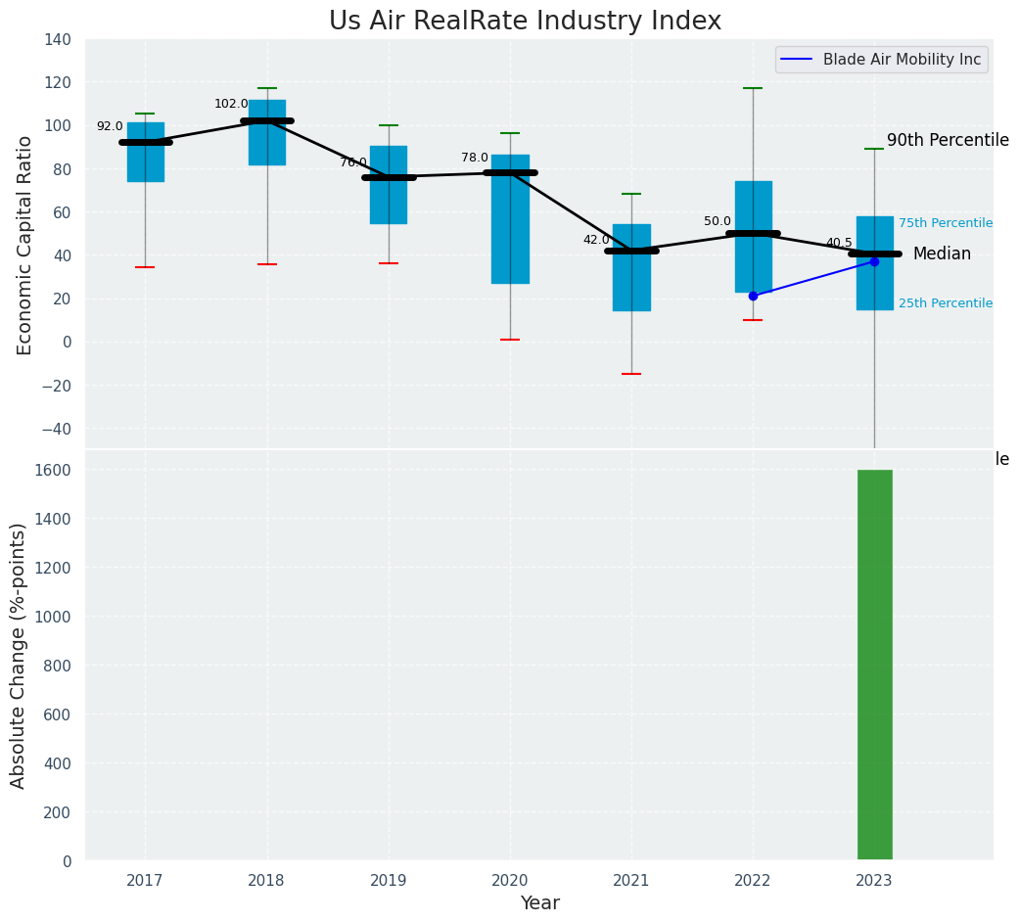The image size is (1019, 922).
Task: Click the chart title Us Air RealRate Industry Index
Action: coord(525,22)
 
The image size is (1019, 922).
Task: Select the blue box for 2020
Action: coord(510,219)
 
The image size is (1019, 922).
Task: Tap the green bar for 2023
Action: coord(874,666)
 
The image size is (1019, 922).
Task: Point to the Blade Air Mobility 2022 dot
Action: coord(753,296)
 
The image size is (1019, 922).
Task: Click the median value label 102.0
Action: coord(231,105)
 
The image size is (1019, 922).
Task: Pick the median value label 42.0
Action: coord(596,240)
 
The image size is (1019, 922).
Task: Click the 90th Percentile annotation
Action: coord(947,141)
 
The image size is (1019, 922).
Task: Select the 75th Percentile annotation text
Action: coord(945,223)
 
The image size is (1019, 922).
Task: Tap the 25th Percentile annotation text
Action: coord(945,303)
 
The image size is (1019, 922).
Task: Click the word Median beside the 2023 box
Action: coord(942,254)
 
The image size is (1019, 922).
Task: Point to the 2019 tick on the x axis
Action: coord(388,881)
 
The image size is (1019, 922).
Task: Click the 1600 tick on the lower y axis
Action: coord(53,470)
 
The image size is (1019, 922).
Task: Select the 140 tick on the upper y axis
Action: coord(58,39)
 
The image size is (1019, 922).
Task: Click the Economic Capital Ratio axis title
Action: coord(25,245)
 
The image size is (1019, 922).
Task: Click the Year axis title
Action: coord(539,903)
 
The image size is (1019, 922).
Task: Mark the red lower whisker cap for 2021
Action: coord(631,374)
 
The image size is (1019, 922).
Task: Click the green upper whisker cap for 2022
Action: coord(753,88)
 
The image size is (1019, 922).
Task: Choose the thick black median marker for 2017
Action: coord(146,142)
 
